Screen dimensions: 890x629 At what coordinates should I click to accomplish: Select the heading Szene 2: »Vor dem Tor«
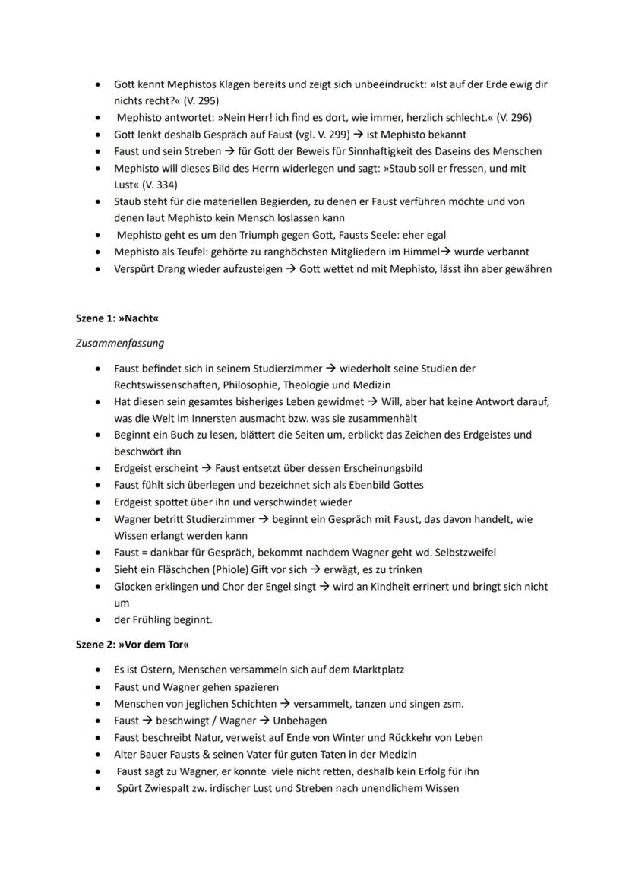[x=132, y=645]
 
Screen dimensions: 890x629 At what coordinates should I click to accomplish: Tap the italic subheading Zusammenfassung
[x=120, y=343]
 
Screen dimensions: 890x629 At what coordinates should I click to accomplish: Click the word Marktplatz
[x=375, y=670]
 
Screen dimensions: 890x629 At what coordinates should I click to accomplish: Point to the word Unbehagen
[x=300, y=721]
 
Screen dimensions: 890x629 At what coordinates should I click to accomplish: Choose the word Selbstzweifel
[x=462, y=553]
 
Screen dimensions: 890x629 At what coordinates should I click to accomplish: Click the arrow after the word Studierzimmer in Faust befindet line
[x=330, y=369]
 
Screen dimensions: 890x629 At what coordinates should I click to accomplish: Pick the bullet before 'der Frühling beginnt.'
[x=98, y=619]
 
